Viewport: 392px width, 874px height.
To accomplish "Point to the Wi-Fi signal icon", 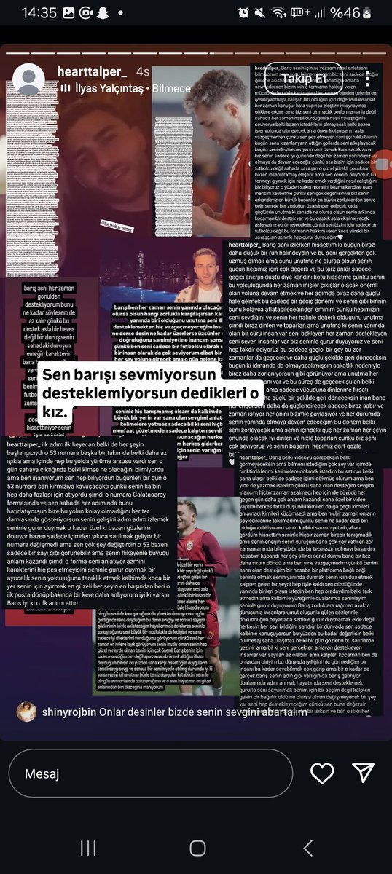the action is [x=278, y=13].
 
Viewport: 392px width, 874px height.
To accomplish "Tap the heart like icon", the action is [x=322, y=773].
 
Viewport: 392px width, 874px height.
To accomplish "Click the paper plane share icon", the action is [x=363, y=773].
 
